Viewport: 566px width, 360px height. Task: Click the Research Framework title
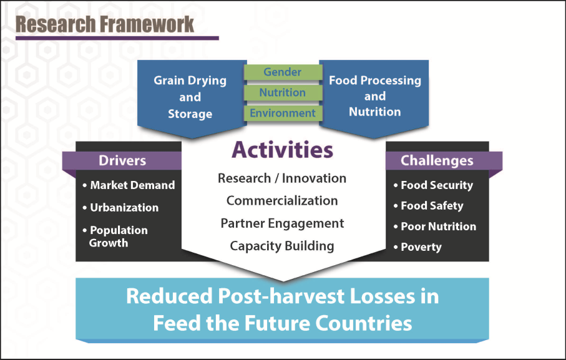pyautogui.click(x=105, y=24)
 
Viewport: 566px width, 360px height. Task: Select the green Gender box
pyautogui.click(x=283, y=72)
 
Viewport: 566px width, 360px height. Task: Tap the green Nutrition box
pyautogui.click(x=283, y=92)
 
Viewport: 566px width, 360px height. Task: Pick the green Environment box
pyautogui.click(x=283, y=113)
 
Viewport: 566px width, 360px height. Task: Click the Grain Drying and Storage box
pyautogui.click(x=192, y=97)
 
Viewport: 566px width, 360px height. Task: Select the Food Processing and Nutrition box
pyautogui.click(x=374, y=97)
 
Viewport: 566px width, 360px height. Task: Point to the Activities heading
pyautogui.click(x=282, y=150)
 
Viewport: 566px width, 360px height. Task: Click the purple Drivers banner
pyautogui.click(x=122, y=160)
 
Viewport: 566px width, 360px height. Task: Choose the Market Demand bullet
pyautogui.click(x=129, y=185)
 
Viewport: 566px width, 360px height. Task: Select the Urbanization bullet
pyautogui.click(x=120, y=207)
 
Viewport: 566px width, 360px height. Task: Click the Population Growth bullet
pyautogui.click(x=115, y=236)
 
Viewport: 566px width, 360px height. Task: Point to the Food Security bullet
pyautogui.click(x=433, y=185)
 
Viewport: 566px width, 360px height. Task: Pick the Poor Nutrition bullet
pyautogui.click(x=435, y=226)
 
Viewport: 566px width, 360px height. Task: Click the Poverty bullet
pyautogui.click(x=417, y=247)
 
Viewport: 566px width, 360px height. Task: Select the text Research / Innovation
pyautogui.click(x=282, y=178)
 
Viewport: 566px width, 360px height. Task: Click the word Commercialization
pyautogui.click(x=282, y=200)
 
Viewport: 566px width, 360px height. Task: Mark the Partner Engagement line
pyautogui.click(x=282, y=223)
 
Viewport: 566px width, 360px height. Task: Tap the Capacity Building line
pyautogui.click(x=282, y=246)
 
